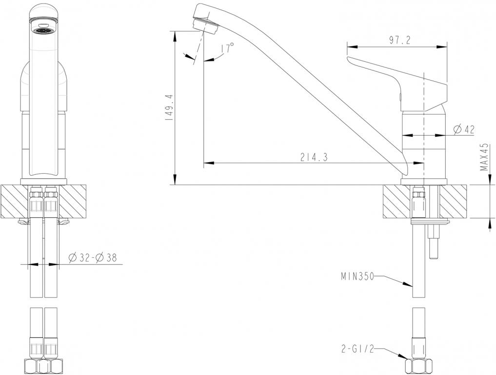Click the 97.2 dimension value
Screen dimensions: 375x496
pos(399,41)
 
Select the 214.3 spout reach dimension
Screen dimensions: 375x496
pos(314,157)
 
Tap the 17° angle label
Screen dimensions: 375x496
pos(227,48)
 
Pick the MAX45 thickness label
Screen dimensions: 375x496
pos(484,157)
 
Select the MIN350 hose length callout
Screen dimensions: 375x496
pos(357,277)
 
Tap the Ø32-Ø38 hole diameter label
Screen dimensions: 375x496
pos(92,257)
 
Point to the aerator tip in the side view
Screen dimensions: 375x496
pos(204,25)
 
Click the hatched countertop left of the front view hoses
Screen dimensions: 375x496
pos(15,201)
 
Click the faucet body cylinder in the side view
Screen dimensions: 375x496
pos(423,142)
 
